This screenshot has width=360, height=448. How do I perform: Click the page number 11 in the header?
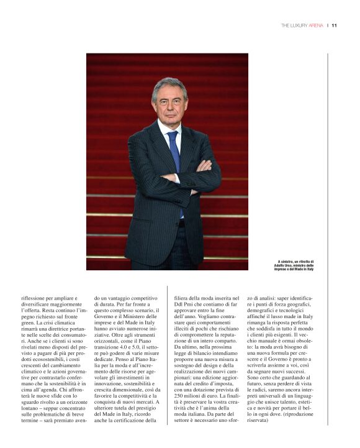pyautogui.click(x=334, y=26)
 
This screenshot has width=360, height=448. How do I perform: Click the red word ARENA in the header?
pyautogui.click(x=315, y=26)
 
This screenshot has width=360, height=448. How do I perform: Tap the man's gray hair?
pyautogui.click(x=169, y=85)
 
